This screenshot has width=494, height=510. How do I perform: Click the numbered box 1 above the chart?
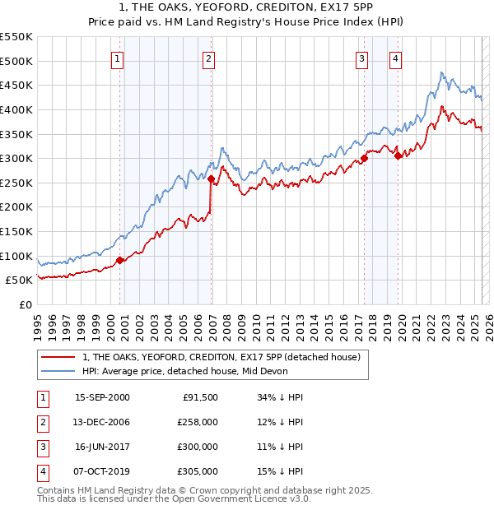click(x=119, y=58)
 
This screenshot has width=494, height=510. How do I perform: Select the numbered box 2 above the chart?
click(x=209, y=58)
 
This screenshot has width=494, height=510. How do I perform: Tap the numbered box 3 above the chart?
click(x=361, y=58)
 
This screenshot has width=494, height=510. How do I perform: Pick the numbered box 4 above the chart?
click(x=396, y=58)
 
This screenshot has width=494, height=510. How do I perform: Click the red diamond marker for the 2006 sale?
click(x=212, y=178)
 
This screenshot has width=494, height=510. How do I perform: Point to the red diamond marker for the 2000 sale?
click(x=120, y=260)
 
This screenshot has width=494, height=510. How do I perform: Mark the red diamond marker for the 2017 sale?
click(x=364, y=159)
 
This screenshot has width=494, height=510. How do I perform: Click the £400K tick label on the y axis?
click(x=16, y=109)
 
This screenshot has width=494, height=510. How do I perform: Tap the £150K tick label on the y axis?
click(x=16, y=231)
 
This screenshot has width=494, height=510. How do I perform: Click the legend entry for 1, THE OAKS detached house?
click(x=221, y=358)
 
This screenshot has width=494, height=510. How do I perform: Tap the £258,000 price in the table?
click(x=198, y=422)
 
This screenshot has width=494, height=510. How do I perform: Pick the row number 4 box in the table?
click(x=41, y=471)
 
